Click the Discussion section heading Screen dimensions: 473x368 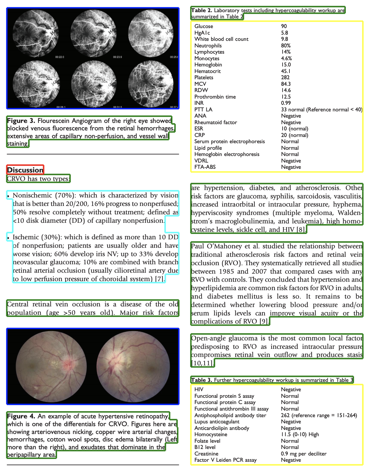click(25, 170)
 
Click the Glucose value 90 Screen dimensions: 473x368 click(284, 27)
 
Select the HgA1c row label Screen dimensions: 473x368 click(202, 33)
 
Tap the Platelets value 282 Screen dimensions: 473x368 click(285, 77)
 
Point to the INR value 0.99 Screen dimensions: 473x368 click(286, 103)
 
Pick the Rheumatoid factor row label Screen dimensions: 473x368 click(215, 122)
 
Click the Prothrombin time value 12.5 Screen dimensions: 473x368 click(286, 97)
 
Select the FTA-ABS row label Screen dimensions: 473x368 click(205, 167)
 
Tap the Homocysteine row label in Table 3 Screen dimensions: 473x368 click(211, 434)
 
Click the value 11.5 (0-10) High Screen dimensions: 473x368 click(300, 434)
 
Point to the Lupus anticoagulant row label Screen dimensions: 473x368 click(217, 422)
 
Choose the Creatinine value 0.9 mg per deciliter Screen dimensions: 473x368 click(303, 454)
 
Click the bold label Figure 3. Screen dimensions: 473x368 click(21, 121)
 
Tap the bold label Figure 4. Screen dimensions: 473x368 click(21, 416)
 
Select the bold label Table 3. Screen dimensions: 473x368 click(201, 380)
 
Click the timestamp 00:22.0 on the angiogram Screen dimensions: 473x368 click(60, 57)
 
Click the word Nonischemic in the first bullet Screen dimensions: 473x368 click(32, 196)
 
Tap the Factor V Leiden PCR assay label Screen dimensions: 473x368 click(225, 460)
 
